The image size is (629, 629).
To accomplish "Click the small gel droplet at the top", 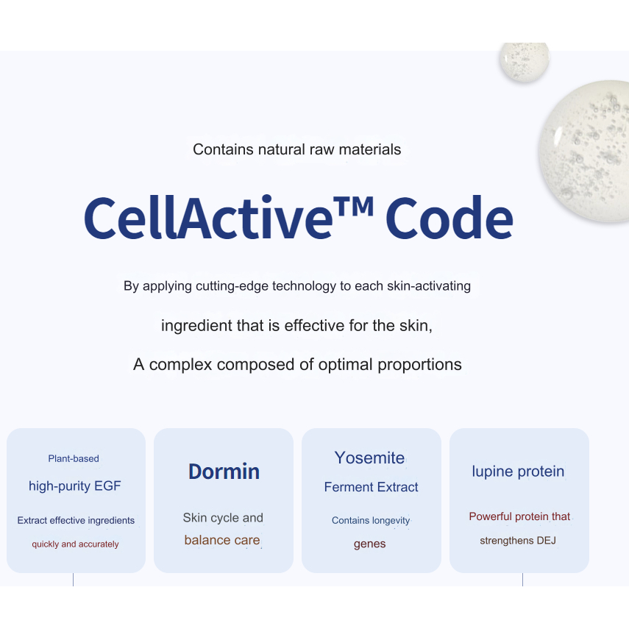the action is [525, 62].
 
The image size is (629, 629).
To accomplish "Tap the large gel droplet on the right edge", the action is [585, 150].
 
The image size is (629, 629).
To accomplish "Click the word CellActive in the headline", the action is [209, 218].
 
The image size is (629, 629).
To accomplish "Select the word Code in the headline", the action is [449, 218].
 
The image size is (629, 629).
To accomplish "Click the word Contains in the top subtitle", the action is [223, 149].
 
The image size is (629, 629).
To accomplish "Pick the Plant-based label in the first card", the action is [74, 458].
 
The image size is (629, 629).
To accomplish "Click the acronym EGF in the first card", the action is [107, 486].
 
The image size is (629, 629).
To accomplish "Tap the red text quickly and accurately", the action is [76, 544].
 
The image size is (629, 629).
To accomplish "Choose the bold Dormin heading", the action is [224, 472].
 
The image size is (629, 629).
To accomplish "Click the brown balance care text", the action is [222, 540].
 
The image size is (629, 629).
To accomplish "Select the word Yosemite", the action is [369, 458].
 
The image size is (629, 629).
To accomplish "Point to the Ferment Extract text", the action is [371, 487].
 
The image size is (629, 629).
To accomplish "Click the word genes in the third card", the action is [369, 544].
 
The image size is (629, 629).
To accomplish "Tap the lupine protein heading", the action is [518, 472].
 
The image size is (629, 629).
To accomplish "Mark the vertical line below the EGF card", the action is [73, 580].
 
